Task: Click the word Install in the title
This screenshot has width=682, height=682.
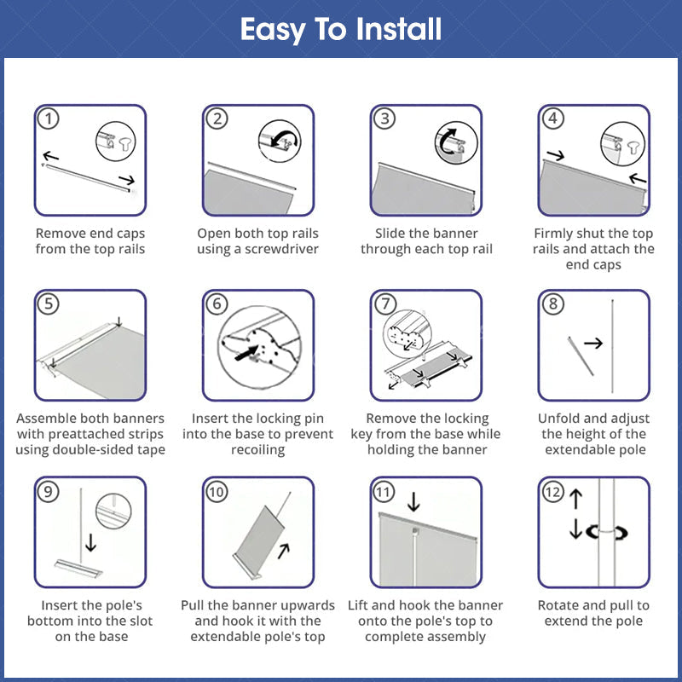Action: pyautogui.click(x=398, y=30)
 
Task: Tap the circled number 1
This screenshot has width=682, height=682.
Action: pyautogui.click(x=49, y=118)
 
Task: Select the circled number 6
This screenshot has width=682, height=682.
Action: pyautogui.click(x=217, y=303)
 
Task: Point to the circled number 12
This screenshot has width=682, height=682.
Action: pyautogui.click(x=552, y=492)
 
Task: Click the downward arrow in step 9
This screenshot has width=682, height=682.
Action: pyautogui.click(x=91, y=542)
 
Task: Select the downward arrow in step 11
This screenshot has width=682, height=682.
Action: pyautogui.click(x=413, y=501)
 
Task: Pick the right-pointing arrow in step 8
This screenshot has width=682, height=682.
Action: pyautogui.click(x=593, y=344)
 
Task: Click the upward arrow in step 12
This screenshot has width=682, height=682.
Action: pyautogui.click(x=576, y=499)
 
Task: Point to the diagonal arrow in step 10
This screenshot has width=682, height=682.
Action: pyautogui.click(x=284, y=551)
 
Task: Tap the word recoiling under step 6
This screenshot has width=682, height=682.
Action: pyautogui.click(x=258, y=450)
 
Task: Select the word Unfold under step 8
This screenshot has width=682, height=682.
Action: pyautogui.click(x=559, y=419)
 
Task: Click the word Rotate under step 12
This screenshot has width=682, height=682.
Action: pyautogui.click(x=558, y=605)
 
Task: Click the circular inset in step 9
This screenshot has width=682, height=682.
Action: pyautogui.click(x=113, y=511)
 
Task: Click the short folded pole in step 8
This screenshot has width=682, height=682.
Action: pyautogui.click(x=581, y=355)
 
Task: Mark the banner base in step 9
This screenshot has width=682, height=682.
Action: pyautogui.click(x=78, y=568)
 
